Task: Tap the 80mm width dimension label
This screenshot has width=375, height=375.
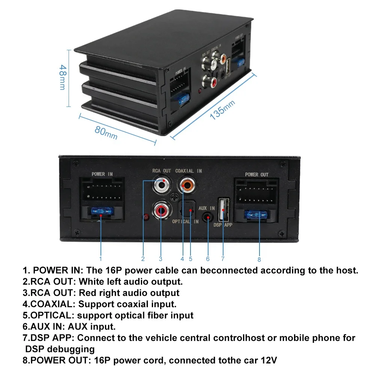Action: coord(106,132)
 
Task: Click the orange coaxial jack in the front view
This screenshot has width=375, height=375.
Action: coord(186,184)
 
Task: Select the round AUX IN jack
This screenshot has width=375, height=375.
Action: coord(207,217)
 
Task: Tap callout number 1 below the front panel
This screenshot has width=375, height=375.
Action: coord(100,258)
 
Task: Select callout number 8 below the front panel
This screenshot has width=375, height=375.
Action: coord(259,259)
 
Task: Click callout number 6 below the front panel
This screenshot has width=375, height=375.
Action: coord(208,258)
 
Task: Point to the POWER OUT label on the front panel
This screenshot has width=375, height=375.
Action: coord(257,175)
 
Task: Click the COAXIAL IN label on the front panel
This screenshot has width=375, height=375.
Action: coord(189,171)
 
